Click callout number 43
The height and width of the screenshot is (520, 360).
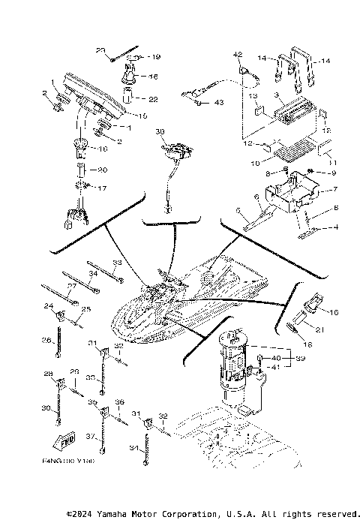point(219,102)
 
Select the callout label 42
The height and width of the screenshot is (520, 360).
point(238,54)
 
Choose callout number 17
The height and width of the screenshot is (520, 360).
point(103,188)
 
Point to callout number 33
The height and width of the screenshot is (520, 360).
point(116,263)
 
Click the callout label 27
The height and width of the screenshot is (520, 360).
point(72,286)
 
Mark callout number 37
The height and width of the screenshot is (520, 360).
point(90,436)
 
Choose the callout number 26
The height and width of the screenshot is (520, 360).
point(46,340)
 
